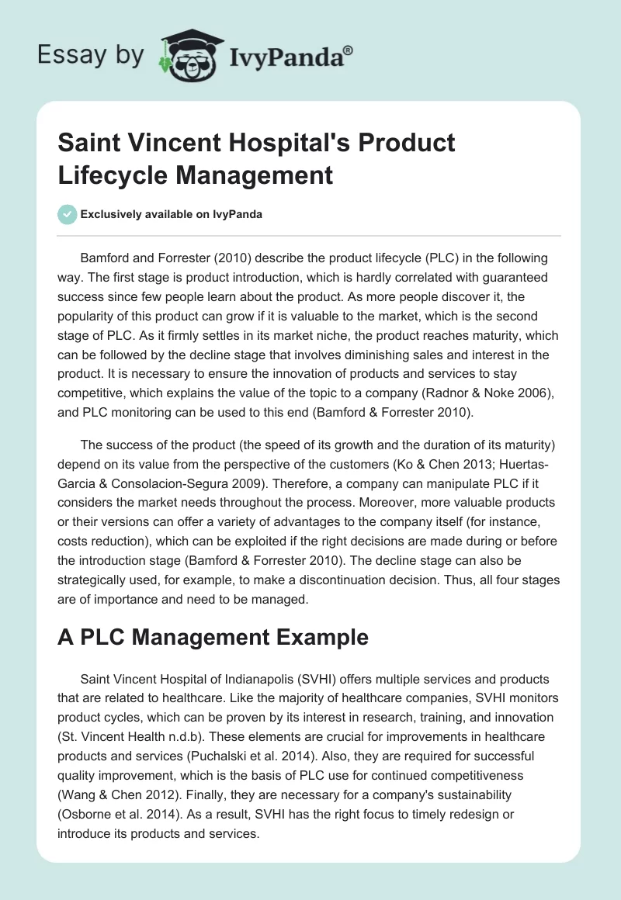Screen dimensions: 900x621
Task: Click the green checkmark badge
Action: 67,215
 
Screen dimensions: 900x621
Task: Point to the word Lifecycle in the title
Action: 113,175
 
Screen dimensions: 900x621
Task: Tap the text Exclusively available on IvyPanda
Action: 172,215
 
